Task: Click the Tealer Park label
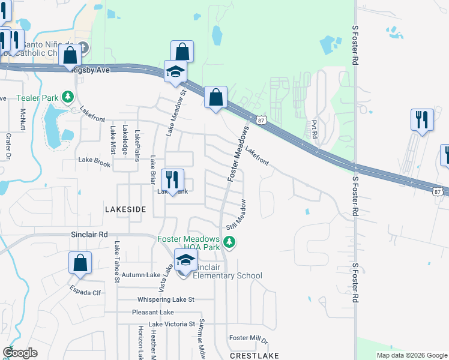pyautogui.click(x=38, y=97)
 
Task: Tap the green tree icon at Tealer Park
pyautogui.click(x=69, y=97)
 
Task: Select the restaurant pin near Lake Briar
pyautogui.click(x=172, y=179)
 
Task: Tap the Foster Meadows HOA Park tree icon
pyautogui.click(x=229, y=242)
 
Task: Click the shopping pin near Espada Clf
pyautogui.click(x=80, y=263)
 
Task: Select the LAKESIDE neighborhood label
pyautogui.click(x=125, y=209)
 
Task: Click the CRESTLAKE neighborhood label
pyautogui.click(x=253, y=355)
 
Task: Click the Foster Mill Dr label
pyautogui.click(x=248, y=338)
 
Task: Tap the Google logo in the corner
pyautogui.click(x=20, y=353)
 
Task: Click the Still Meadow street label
pyautogui.click(x=235, y=214)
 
